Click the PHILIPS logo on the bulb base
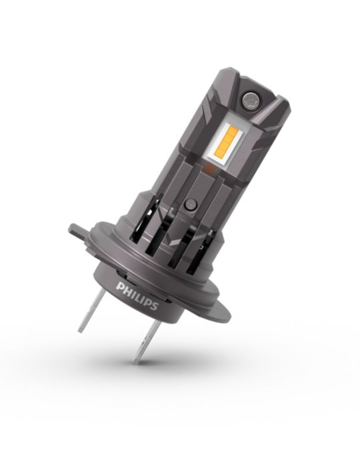137,296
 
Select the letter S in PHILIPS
155,306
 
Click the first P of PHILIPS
120,286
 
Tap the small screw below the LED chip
191,205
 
